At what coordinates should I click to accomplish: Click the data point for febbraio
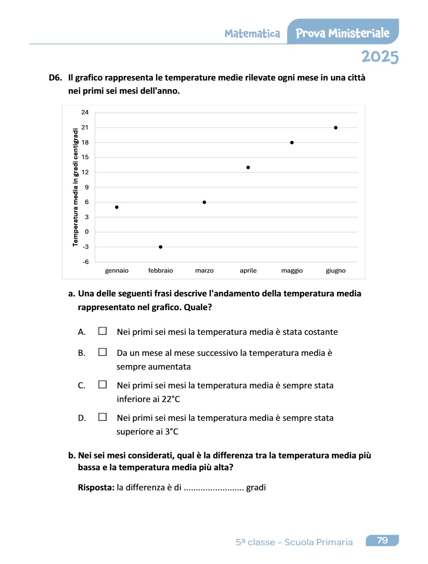[161, 247]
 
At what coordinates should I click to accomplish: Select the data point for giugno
[336, 128]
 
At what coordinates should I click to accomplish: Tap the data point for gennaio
[117, 207]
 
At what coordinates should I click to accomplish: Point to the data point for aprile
[248, 167]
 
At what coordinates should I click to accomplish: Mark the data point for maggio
[292, 143]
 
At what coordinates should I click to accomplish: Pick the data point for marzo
[204, 202]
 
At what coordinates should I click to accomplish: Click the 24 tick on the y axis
[85, 113]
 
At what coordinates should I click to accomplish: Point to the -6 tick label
[85, 262]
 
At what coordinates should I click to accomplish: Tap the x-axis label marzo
[204, 271]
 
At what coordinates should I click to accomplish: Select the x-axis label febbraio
[161, 271]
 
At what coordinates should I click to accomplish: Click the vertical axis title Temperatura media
[76, 188]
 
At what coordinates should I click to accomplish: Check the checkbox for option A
[103, 331]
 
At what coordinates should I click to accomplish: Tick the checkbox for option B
[103, 352]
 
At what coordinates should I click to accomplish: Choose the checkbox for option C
[103, 385]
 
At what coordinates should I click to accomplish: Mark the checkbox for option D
[103, 417]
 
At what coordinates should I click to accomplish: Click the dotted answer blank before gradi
[213, 488]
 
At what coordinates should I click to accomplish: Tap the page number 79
[382, 541]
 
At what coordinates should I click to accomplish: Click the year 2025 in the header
[379, 57]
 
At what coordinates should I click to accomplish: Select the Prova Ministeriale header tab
[343, 33]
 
